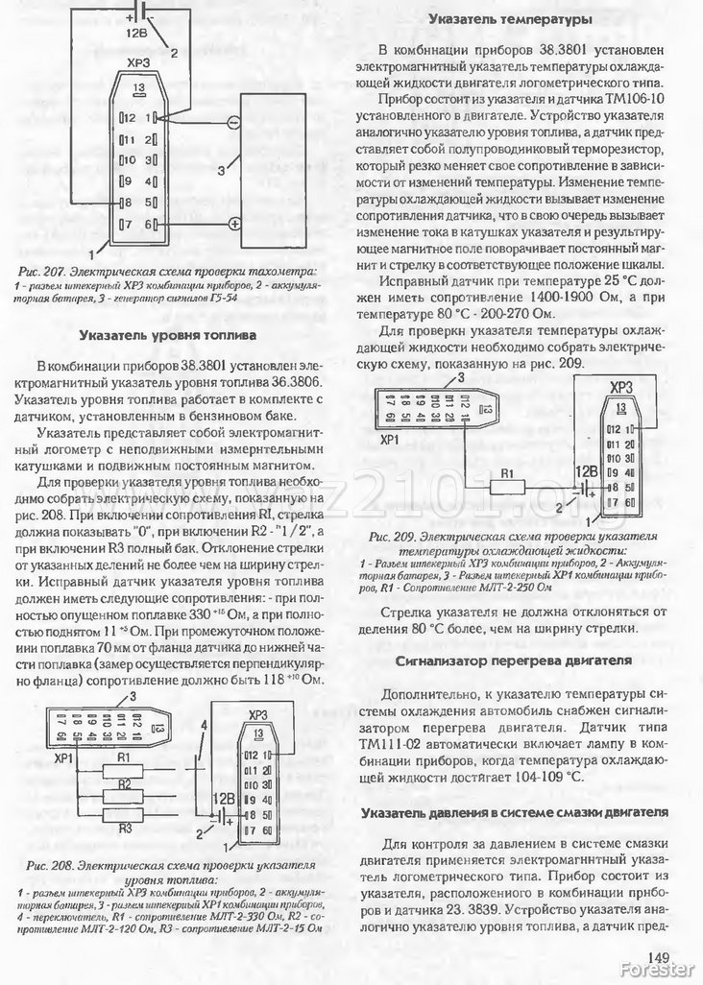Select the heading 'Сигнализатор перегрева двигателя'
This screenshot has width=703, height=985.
pyautogui.click(x=514, y=661)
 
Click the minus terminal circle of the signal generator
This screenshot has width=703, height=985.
pyautogui.click(x=233, y=123)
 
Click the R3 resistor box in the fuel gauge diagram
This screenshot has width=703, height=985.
pyautogui.click(x=123, y=817)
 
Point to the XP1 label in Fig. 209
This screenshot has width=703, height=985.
pyautogui.click(x=390, y=440)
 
